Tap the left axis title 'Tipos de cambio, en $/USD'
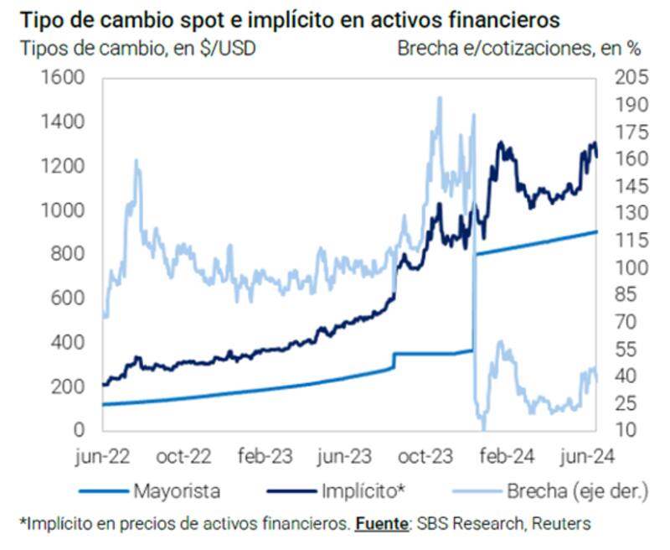point(137,48)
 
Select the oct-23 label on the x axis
point(425,457)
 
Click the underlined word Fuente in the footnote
point(381,524)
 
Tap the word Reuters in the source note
point(561,524)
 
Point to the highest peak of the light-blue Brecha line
point(440,98)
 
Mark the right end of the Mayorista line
point(596,231)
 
